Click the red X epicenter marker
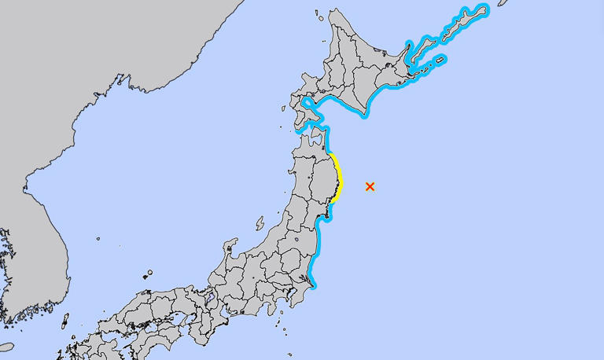click(x=370, y=186)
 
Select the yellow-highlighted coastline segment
click(x=338, y=176)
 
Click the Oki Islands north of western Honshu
click(x=148, y=274)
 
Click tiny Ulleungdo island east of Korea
click(x=99, y=238)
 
